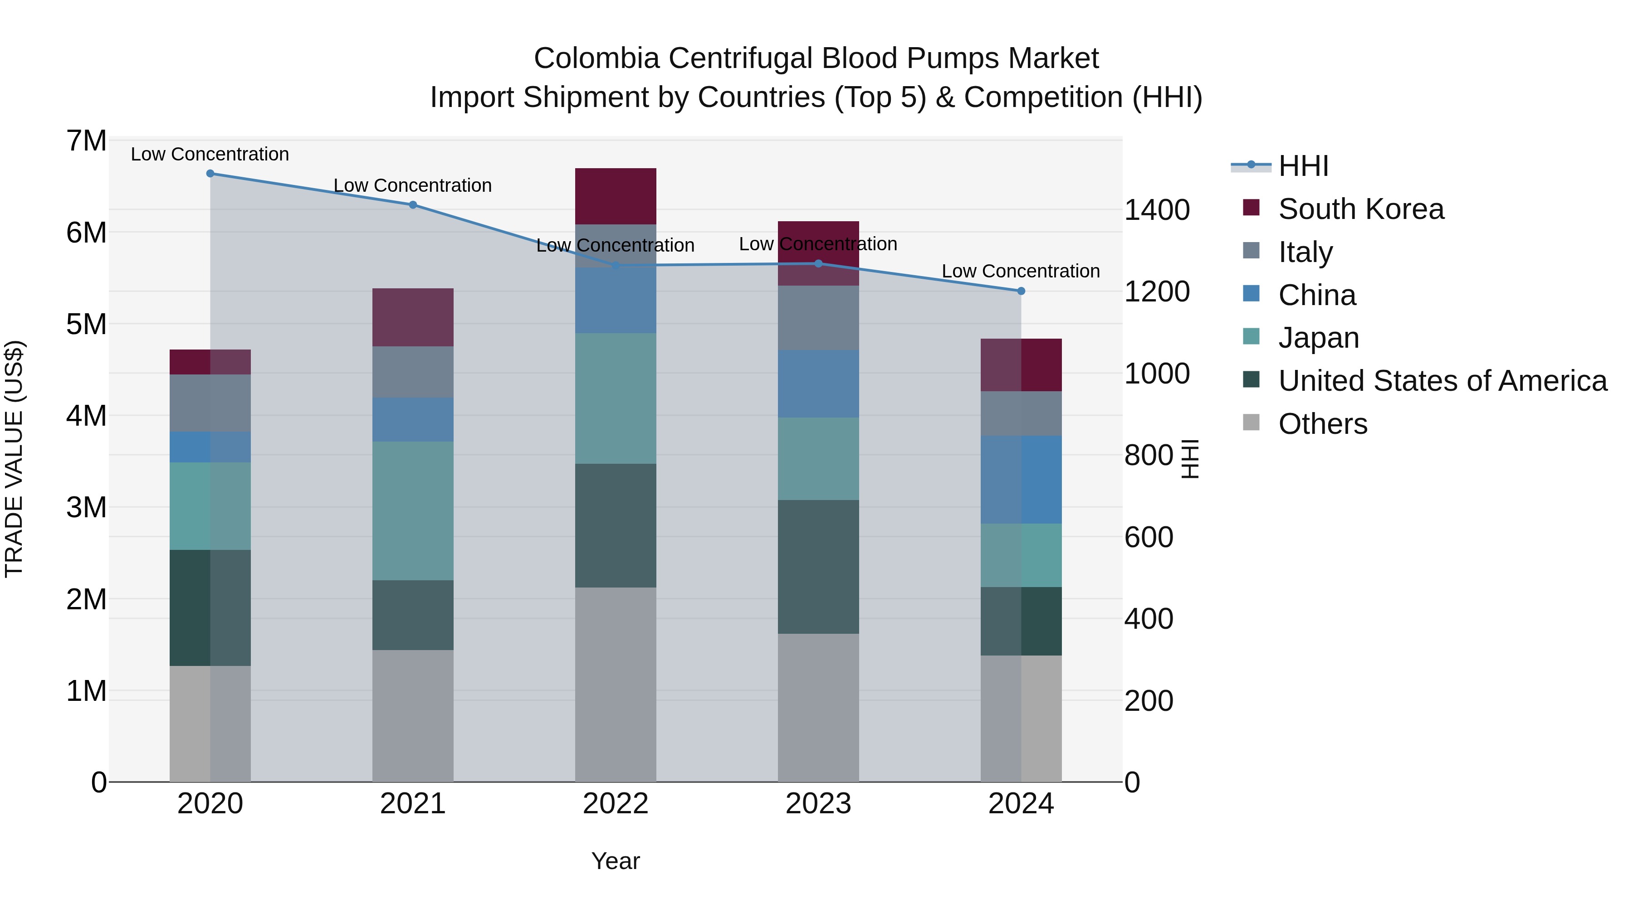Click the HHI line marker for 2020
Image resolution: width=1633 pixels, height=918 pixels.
[210, 174]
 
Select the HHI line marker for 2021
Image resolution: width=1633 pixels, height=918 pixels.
[413, 204]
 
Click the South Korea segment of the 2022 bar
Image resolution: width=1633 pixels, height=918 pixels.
[615, 196]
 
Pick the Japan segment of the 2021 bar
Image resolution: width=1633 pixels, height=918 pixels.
[413, 510]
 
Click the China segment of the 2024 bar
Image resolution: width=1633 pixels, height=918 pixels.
[1021, 480]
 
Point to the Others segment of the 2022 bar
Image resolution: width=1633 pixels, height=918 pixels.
[615, 684]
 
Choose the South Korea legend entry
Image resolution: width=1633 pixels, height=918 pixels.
[1360, 209]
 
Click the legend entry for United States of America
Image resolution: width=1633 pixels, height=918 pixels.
[1442, 381]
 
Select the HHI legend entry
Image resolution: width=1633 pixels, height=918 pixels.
[1303, 166]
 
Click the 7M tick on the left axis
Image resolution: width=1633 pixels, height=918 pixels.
[87, 141]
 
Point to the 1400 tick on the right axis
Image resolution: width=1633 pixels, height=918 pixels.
[1157, 210]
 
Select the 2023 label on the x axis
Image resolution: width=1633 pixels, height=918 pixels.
[818, 804]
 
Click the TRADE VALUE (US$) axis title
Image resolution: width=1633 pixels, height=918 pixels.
[15, 459]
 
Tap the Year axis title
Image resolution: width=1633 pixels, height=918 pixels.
[615, 861]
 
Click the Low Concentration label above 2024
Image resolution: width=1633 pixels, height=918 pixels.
[1020, 271]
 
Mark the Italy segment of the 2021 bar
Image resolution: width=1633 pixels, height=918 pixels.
[413, 372]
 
